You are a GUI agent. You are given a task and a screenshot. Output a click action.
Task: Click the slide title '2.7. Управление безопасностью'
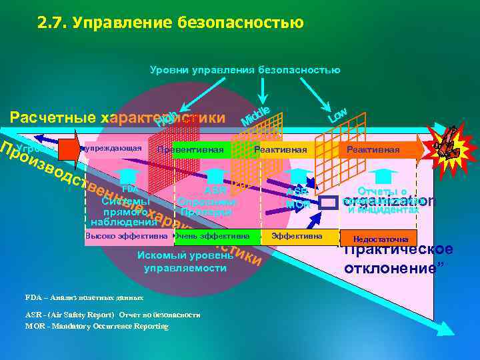170,23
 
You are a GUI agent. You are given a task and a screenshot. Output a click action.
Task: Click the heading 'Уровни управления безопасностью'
245,70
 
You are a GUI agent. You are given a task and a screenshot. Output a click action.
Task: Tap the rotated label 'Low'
337,115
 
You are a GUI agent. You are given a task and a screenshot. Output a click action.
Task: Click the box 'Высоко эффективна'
127,236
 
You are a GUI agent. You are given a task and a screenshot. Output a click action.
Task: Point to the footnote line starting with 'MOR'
97,326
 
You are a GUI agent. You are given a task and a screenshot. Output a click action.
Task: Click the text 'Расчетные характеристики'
117,119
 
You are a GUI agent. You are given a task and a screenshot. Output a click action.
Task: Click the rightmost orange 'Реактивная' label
373,150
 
